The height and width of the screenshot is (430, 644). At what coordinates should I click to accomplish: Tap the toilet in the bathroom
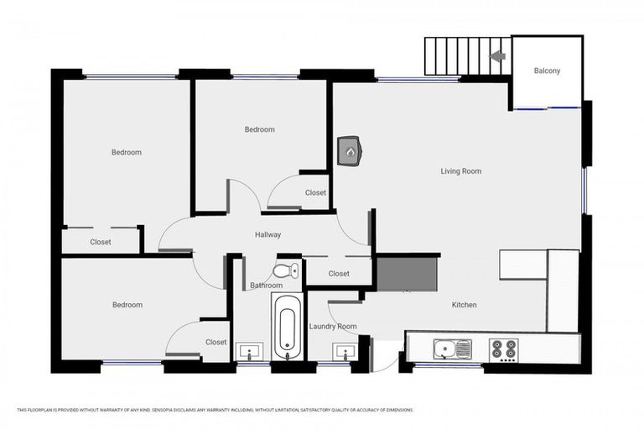coord(286,270)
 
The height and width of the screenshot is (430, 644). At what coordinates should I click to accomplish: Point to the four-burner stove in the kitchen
coord(504,348)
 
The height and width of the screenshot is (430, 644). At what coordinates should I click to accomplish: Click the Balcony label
coord(547,71)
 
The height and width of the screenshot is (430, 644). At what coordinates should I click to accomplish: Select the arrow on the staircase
coord(497,56)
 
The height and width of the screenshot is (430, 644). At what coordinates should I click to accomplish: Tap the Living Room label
coord(460,171)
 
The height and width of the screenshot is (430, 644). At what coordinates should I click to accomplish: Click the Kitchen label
coord(464,305)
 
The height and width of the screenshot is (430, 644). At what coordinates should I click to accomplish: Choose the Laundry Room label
coord(333,326)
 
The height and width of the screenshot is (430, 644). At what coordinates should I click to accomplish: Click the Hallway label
coord(267,235)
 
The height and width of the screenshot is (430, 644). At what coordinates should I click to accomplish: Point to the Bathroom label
coord(266,286)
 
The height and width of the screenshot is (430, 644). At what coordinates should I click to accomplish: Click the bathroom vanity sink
coord(249,351)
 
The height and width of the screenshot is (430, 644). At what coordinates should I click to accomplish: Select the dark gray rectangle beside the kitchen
coord(405,274)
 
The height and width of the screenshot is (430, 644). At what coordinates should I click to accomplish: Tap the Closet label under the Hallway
coord(339,274)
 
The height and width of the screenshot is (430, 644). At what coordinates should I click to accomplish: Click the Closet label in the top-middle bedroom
coord(315,193)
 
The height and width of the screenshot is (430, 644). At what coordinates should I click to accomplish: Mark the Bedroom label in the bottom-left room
coord(127,305)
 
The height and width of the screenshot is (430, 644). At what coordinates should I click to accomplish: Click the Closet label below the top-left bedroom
coord(101,242)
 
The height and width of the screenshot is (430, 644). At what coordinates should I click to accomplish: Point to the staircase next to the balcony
coord(466,56)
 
